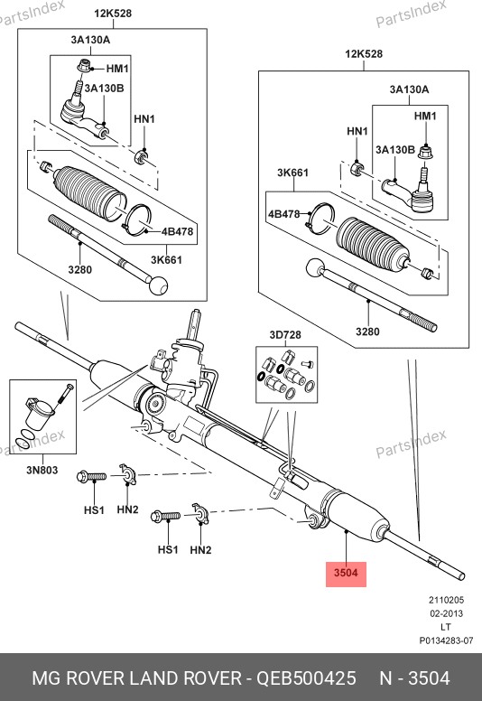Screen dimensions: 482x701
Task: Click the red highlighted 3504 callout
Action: (x=346, y=574)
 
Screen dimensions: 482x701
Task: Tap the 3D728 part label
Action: (x=285, y=335)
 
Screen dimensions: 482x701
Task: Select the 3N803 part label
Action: (x=42, y=470)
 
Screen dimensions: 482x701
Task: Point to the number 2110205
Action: (x=446, y=600)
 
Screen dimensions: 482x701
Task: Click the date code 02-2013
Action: (x=446, y=613)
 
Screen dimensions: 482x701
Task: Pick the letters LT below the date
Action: (x=446, y=627)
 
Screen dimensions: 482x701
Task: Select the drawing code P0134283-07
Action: (x=446, y=640)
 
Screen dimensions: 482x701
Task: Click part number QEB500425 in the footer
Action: (x=306, y=678)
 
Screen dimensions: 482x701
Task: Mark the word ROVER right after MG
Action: (x=95, y=678)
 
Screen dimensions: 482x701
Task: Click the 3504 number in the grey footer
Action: (x=429, y=678)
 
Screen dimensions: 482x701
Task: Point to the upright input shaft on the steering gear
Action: (x=194, y=325)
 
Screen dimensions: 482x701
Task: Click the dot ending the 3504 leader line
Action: (x=347, y=531)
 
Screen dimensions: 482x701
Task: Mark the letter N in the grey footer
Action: (x=385, y=678)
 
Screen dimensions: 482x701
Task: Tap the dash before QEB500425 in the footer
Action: (x=248, y=679)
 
